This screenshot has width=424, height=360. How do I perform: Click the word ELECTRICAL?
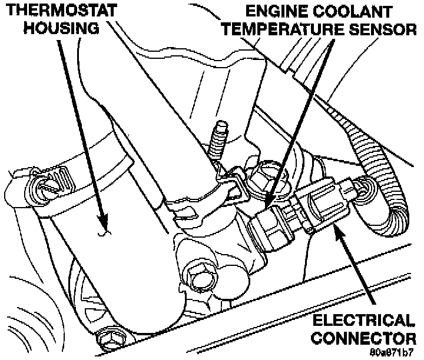tap(363, 322)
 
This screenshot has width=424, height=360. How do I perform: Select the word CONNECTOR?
tap(363, 338)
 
